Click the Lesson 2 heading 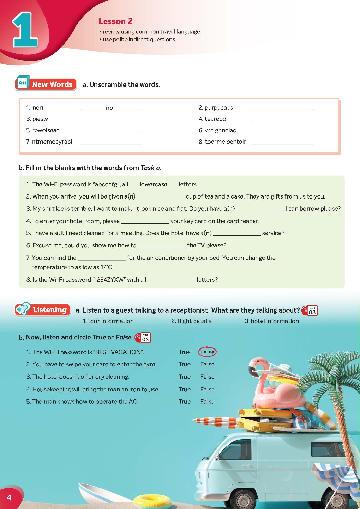coord(115,21)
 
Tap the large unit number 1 coord(25,31)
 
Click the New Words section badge coord(46,84)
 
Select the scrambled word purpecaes coord(219,108)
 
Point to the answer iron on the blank coord(111,108)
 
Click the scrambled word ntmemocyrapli coord(53,142)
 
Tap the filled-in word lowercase coord(153,184)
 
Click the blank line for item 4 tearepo coord(282,119)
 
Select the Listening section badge coord(43,309)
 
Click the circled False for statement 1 coord(207,352)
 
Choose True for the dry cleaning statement coord(184,377)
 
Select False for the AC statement coord(207,401)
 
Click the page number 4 coord(9,497)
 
